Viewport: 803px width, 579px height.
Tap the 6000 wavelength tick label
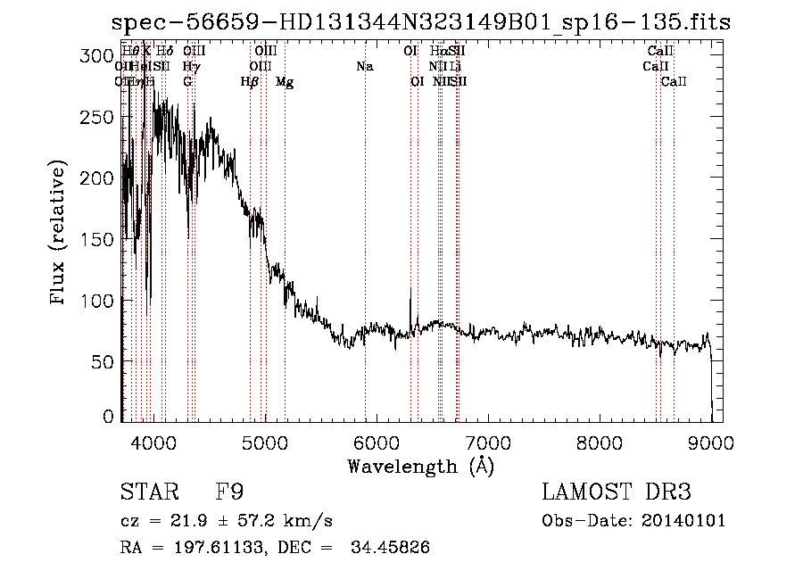click(376, 443)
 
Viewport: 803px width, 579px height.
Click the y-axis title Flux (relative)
click(60, 234)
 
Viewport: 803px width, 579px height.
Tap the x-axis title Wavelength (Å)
click(420, 466)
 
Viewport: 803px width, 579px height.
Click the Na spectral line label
click(364, 66)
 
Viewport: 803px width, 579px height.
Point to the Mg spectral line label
click(285, 82)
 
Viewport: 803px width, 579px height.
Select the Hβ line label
click(250, 82)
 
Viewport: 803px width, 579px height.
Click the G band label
click(187, 82)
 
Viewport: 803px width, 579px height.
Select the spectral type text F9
click(229, 492)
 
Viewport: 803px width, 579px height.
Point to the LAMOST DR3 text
click(617, 492)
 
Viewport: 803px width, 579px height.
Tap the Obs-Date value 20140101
click(682, 521)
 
